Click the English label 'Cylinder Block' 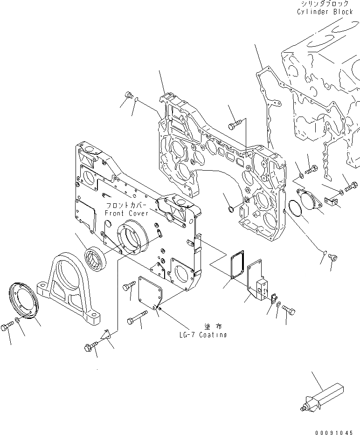click(325, 12)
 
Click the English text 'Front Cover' click(126, 213)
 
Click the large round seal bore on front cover click(134, 237)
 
